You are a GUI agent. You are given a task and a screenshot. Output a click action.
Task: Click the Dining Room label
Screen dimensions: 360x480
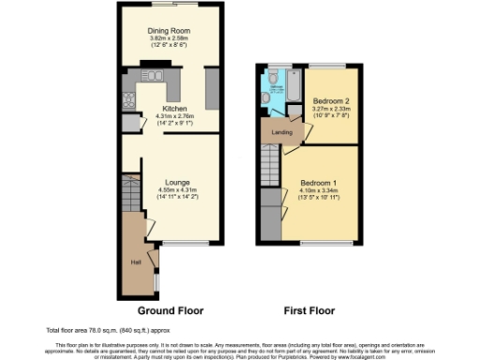[171, 31]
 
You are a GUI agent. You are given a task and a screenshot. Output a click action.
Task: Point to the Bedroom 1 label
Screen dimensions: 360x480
[320, 183]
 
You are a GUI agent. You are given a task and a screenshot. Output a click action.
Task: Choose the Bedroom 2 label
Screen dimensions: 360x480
[330, 99]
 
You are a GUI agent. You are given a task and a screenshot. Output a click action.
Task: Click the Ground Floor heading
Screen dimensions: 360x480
[171, 310]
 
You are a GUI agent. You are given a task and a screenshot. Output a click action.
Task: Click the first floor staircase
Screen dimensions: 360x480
[270, 169]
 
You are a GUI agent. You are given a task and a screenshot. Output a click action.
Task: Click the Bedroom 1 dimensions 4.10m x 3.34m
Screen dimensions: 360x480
[320, 191]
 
